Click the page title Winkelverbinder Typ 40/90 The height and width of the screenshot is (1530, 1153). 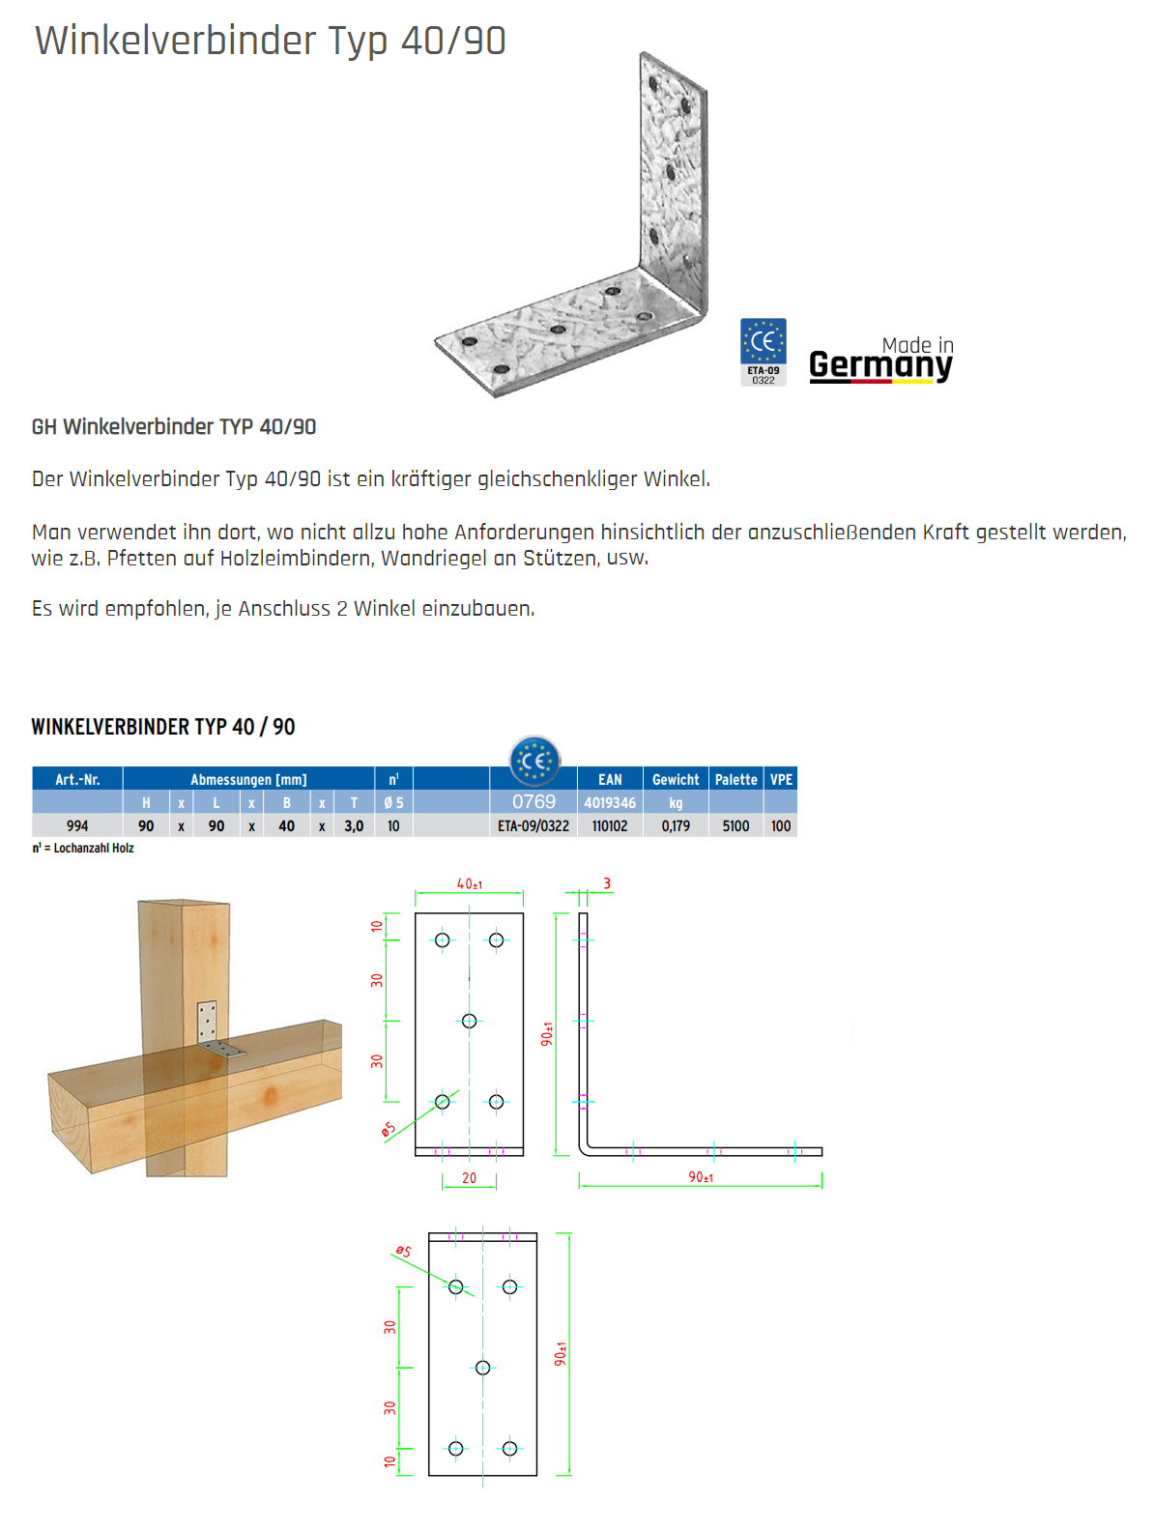[270, 41]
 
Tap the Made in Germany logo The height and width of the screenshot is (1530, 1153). [880, 360]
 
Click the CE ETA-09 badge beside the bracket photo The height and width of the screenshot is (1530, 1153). [763, 352]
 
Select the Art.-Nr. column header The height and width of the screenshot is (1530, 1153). [77, 779]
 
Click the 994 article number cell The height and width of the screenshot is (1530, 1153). [77, 826]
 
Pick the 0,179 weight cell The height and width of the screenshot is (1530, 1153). [676, 826]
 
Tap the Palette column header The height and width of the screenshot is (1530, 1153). [735, 779]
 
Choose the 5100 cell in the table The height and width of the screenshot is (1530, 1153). [735, 826]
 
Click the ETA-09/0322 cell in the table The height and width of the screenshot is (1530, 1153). [533, 826]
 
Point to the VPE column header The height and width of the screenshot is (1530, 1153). [781, 779]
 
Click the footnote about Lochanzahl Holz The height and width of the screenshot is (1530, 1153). [83, 849]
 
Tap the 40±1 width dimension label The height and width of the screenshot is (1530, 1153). [470, 883]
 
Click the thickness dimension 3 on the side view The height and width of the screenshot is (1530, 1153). [607, 883]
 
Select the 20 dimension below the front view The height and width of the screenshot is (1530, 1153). [469, 1178]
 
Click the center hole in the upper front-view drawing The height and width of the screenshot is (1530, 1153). [469, 1021]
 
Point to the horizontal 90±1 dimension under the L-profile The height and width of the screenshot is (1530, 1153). [701, 1177]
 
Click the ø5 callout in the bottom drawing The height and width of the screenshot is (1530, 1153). [402, 1252]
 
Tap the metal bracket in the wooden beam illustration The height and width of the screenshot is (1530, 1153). [215, 1032]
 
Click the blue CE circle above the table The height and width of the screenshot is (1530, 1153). [534, 762]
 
